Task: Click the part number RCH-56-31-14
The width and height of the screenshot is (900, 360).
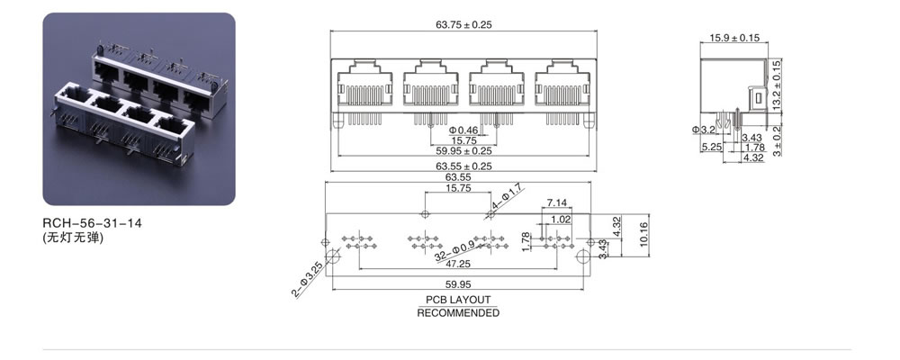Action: pyautogui.click(x=92, y=223)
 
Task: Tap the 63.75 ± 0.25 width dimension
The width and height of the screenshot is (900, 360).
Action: pyautogui.click(x=463, y=24)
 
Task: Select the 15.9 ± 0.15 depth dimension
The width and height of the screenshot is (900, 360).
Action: pyautogui.click(x=734, y=38)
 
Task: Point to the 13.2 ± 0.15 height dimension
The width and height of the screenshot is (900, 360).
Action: pyautogui.click(x=778, y=85)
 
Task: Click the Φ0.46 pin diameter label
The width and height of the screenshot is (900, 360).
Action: pyautogui.click(x=463, y=130)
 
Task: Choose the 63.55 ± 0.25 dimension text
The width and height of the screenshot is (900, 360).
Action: pyautogui.click(x=463, y=166)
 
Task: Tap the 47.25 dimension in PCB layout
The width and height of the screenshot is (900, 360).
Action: pyautogui.click(x=458, y=264)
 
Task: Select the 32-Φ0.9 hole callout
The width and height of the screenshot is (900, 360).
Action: pyautogui.click(x=454, y=251)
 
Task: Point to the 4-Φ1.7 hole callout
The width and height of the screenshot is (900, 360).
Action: pyautogui.click(x=507, y=197)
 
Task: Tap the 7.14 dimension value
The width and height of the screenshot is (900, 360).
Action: pyautogui.click(x=556, y=202)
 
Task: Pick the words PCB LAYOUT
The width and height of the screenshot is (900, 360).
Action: pyautogui.click(x=458, y=300)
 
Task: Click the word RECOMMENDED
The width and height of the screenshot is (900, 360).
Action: pyautogui.click(x=458, y=313)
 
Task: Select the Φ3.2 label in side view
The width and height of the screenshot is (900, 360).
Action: pyautogui.click(x=703, y=130)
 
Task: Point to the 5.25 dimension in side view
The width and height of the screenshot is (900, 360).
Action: pyautogui.click(x=711, y=147)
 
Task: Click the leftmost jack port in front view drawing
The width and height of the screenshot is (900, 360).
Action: pyautogui.click(x=364, y=84)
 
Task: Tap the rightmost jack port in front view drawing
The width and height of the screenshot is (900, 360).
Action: pyautogui.click(x=562, y=84)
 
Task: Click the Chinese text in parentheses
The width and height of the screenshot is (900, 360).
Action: pyautogui.click(x=74, y=237)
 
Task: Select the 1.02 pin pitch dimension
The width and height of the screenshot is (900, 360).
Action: pyautogui.click(x=561, y=220)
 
